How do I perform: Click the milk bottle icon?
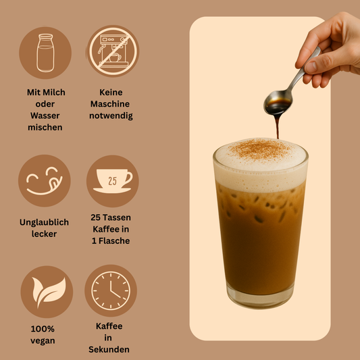45,53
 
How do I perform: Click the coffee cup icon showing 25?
112,181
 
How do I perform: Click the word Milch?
55,92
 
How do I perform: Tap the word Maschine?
111,104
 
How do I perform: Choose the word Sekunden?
109,349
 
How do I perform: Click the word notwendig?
111,115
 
